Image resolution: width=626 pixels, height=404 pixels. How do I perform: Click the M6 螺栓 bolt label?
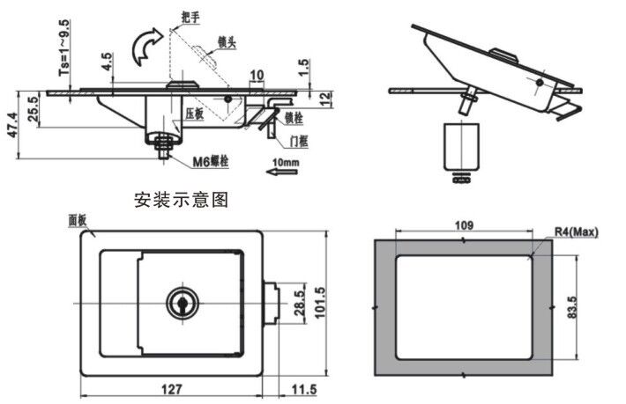[x=212, y=161]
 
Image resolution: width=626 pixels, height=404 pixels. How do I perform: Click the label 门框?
[x=300, y=140]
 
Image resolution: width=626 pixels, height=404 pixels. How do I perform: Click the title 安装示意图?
[x=182, y=200]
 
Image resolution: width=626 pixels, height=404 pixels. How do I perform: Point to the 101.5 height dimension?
[x=321, y=304]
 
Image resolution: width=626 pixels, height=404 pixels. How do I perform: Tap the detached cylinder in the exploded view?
[x=460, y=147]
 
